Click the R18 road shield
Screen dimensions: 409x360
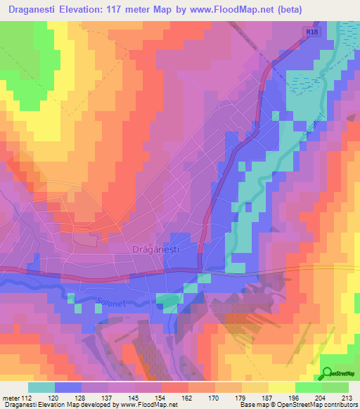pyautogui.click(x=312, y=32)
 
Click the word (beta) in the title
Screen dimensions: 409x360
pyautogui.click(x=336, y=10)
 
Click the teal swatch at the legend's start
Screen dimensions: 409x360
pyautogui.click(x=41, y=387)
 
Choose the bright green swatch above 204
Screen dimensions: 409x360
pyautogui.click(x=308, y=387)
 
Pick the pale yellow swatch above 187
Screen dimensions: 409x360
pyautogui.click(x=281, y=387)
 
